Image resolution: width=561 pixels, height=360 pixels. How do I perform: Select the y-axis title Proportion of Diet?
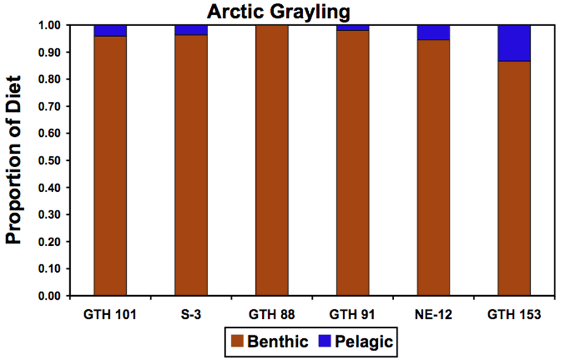[13, 160]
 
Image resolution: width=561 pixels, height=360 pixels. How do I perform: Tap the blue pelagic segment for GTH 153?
[514, 43]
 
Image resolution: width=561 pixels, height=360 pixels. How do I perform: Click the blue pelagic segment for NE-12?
[433, 33]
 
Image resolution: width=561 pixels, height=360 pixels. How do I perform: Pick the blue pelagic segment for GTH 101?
[110, 31]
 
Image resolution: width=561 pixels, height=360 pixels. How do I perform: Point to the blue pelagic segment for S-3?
[191, 30]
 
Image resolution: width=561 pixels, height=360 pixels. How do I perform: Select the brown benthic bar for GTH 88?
[272, 161]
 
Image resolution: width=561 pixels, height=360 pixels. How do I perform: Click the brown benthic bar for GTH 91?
[353, 163]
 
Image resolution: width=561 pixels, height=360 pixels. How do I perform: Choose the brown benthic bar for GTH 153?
[514, 178]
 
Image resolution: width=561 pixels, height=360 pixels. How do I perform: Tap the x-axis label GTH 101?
[110, 315]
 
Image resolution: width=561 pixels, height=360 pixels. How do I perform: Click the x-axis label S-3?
[190, 315]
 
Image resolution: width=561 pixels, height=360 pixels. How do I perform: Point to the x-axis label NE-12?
[433, 315]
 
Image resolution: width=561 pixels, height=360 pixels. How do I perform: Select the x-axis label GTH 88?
[272, 315]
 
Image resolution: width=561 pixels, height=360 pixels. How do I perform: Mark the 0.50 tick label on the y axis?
[50, 161]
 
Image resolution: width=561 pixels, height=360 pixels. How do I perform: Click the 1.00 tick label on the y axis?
[50, 25]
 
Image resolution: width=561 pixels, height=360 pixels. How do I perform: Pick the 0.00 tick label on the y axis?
[50, 296]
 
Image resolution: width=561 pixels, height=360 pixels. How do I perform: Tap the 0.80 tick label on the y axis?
[50, 79]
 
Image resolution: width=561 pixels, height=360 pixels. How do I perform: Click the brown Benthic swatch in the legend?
[237, 341]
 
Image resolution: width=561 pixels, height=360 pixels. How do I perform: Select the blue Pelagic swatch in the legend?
[324, 341]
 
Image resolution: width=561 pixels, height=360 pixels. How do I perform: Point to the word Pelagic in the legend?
[363, 342]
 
